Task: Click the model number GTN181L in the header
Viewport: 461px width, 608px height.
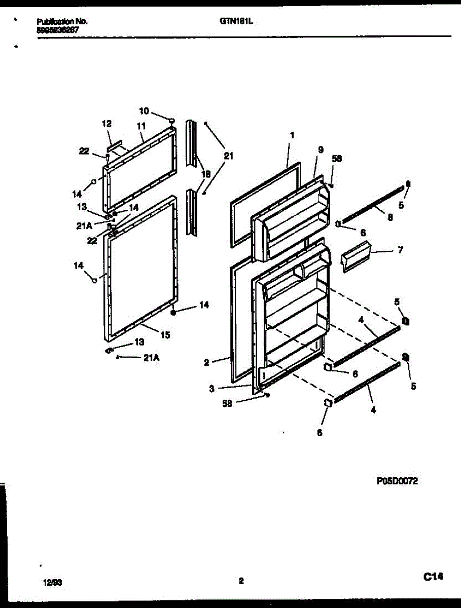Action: point(237,22)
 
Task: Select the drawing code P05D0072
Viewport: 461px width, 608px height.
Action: point(397,482)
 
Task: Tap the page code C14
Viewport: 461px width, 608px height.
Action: point(434,577)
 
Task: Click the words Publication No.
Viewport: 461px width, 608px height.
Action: point(62,22)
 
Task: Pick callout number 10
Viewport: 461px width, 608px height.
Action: point(144,111)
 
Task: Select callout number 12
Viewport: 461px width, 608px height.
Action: point(107,124)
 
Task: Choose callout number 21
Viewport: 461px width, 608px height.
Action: point(228,157)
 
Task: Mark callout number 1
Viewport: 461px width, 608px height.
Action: point(292,135)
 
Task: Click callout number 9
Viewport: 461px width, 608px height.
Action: point(321,149)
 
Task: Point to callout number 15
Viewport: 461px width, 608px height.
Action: point(165,334)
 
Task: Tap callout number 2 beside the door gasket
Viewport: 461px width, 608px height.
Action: point(207,362)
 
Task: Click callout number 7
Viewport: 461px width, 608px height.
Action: point(400,250)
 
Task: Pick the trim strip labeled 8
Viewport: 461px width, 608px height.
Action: point(373,205)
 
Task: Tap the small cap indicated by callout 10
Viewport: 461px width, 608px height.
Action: point(171,120)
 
